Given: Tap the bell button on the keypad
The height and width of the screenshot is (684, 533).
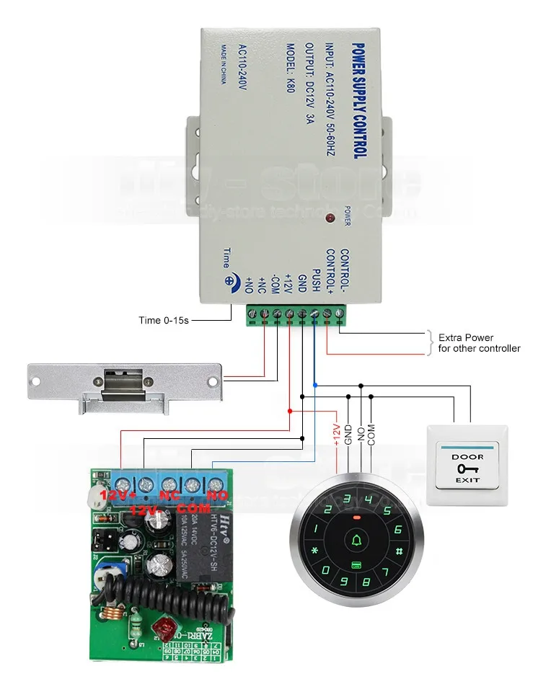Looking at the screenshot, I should [356, 540].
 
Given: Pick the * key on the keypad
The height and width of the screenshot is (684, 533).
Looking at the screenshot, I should [314, 554].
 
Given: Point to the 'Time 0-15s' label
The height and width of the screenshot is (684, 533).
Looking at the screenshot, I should [164, 319].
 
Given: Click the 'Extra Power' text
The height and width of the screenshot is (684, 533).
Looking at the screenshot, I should [466, 337].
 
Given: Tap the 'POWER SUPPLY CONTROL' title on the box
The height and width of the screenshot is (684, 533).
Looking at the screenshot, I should [358, 100].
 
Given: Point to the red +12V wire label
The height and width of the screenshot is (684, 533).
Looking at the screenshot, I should [335, 435].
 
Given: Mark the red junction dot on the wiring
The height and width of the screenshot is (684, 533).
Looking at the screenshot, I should [290, 411].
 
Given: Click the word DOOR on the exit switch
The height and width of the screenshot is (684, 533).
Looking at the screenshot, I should [462, 457].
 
